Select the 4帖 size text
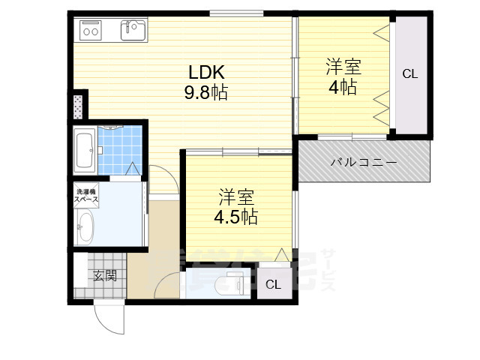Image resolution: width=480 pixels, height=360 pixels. (343, 87)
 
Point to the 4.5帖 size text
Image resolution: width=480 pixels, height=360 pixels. (237, 217)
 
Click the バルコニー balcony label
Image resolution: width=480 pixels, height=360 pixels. (363, 163)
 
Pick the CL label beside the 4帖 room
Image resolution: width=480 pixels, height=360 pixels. (409, 73)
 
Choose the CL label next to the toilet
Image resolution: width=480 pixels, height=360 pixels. (274, 284)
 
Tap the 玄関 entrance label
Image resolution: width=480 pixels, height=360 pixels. (105, 276)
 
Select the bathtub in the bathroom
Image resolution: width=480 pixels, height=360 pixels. (84, 150)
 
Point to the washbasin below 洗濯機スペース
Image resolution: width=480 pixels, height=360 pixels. (85, 227)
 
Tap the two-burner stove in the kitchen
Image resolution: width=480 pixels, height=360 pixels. (91, 31)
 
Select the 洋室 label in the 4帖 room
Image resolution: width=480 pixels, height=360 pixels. (343, 67)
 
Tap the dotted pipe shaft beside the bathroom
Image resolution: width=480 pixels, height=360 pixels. (79, 106)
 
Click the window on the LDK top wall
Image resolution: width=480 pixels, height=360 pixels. (235, 13)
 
